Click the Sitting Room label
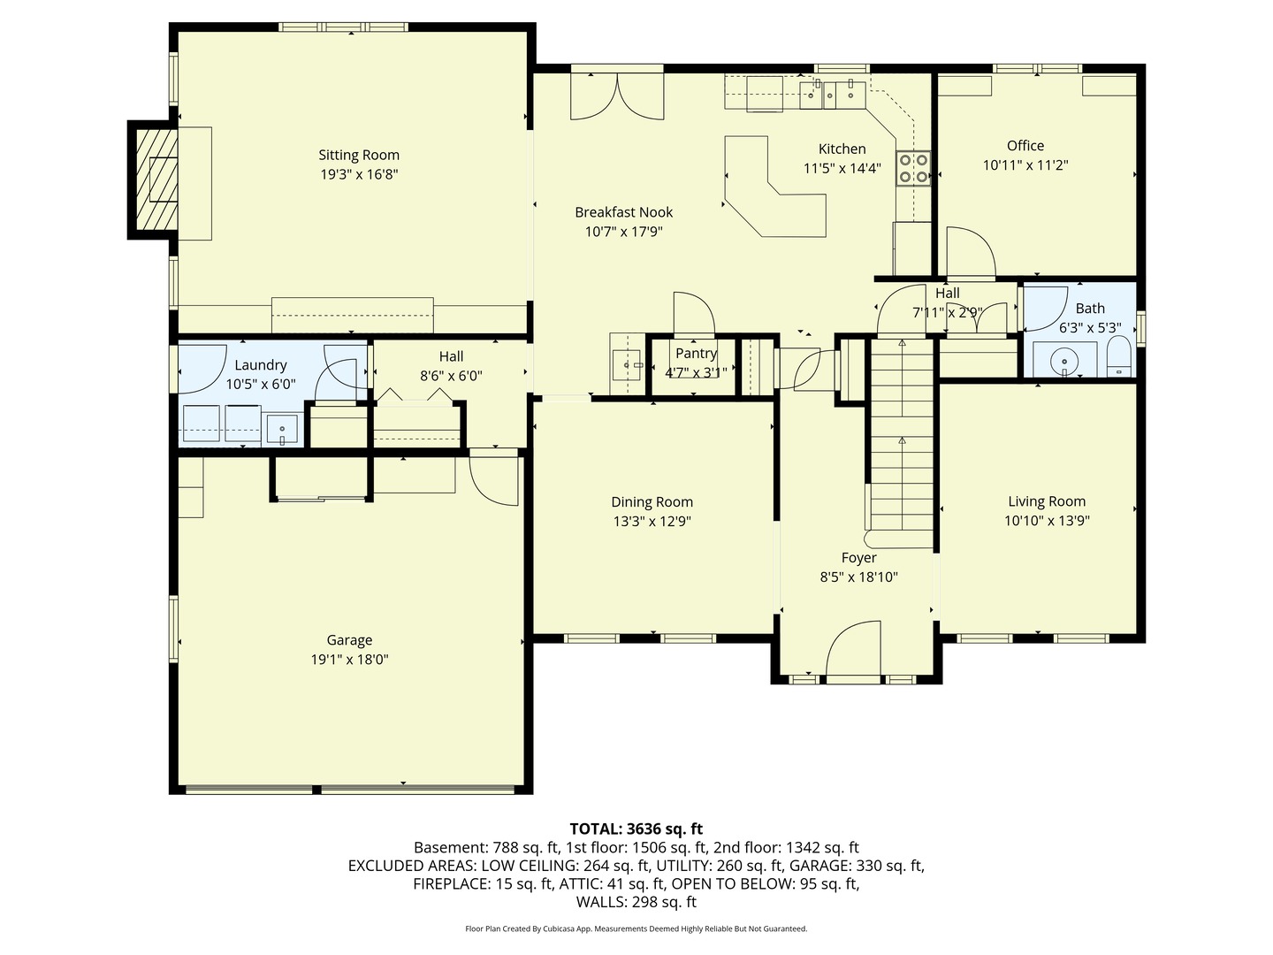[359, 156]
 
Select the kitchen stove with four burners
[913, 168]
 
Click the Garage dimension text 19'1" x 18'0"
[349, 660]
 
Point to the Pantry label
[696, 354]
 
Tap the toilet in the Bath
[1118, 358]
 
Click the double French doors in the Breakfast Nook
[617, 95]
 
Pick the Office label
[1025, 146]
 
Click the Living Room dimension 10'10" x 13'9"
[1047, 521]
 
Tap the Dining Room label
[652, 502]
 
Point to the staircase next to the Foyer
[902, 442]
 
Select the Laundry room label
[261, 365]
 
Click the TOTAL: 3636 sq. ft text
[636, 829]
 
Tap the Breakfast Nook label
[623, 212]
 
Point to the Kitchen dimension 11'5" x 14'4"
[842, 168]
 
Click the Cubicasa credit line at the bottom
[636, 928]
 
